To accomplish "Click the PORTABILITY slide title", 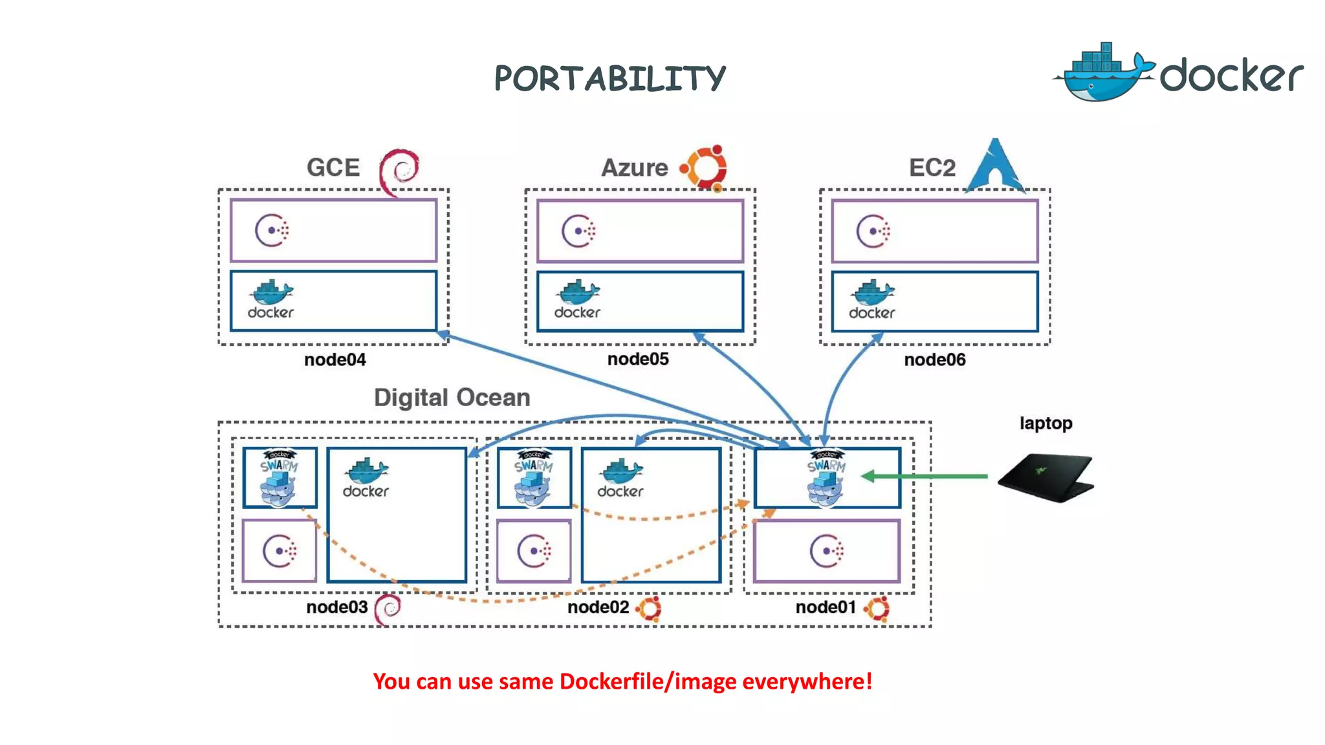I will pos(610,78).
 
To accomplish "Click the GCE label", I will pos(333,167).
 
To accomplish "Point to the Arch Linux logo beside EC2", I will pos(995,166).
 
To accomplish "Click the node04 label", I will pos(334,360).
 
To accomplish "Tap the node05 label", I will pos(637,359).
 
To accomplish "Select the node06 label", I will pos(934,360).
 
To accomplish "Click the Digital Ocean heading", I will pos(452,397).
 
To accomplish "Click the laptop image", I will pos(1046,477).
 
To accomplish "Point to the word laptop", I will pos(1046,423).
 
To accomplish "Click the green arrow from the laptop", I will pos(925,477).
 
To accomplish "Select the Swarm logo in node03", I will pos(279,477).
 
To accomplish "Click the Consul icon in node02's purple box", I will pos(534,551).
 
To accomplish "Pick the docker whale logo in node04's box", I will pos(270,299).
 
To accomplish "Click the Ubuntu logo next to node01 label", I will pos(877,608).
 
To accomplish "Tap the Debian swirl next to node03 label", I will pos(388,608).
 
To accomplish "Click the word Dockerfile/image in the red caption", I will pos(648,681).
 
